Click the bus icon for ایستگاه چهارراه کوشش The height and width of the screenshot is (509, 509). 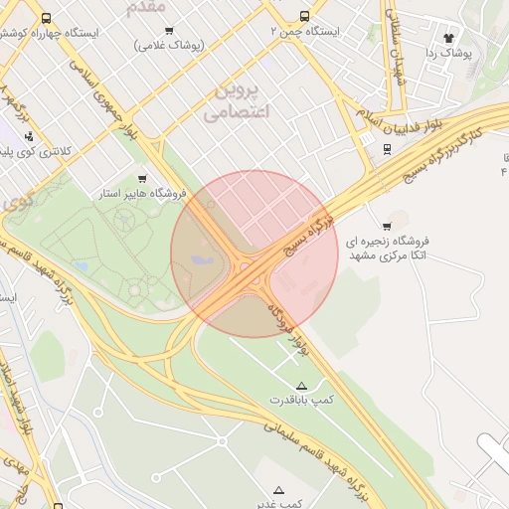[x=47, y=18]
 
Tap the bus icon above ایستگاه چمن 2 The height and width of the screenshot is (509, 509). [x=304, y=17]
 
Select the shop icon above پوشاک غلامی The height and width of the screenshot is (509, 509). [x=168, y=31]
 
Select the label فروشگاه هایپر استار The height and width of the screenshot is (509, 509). [x=139, y=194]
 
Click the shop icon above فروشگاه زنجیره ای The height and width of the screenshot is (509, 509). [x=387, y=227]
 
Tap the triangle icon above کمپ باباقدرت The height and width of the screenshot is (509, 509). [x=301, y=385]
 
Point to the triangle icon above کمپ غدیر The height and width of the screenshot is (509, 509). [x=278, y=490]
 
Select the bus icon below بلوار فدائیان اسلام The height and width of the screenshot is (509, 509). [x=387, y=150]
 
